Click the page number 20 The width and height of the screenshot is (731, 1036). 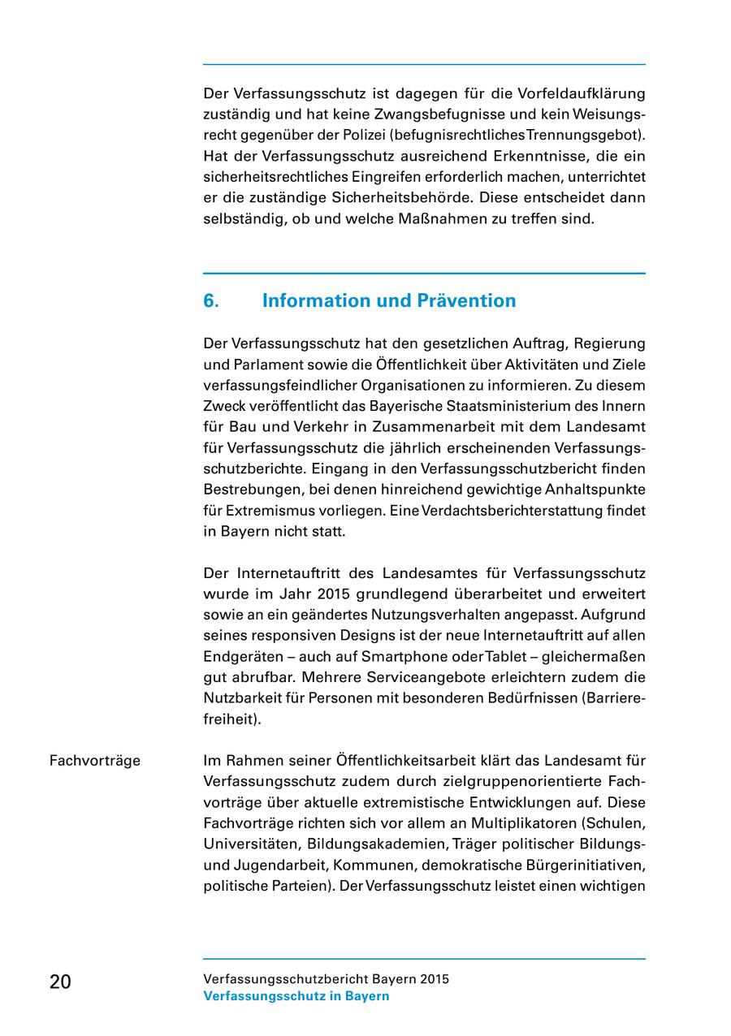click(60, 982)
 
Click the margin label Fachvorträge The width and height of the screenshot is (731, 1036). click(95, 761)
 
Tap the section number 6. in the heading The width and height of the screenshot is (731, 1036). click(211, 301)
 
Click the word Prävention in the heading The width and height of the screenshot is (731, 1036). click(466, 301)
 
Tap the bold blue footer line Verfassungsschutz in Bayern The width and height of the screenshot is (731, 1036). click(296, 996)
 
